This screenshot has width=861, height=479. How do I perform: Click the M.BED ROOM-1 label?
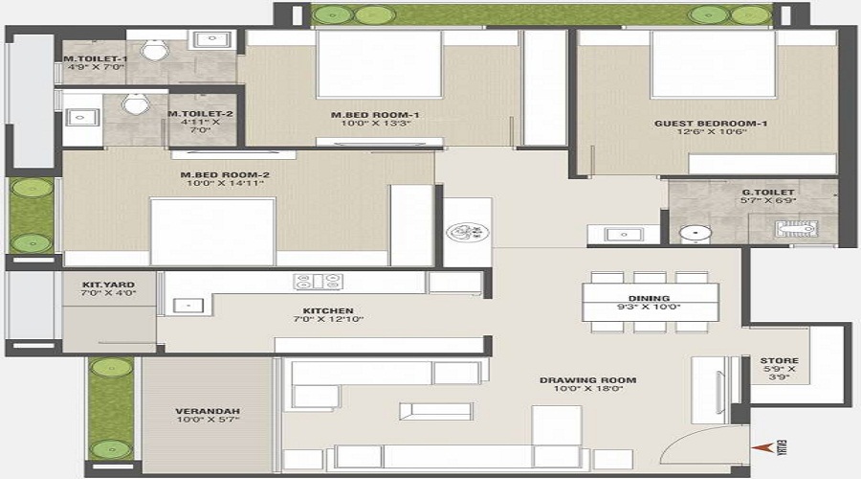point(375,115)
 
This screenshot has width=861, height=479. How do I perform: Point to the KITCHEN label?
point(328,310)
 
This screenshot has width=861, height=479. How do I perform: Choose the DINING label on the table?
point(650,298)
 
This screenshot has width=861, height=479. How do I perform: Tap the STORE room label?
point(779,360)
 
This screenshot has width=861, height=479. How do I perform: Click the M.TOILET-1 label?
point(95,59)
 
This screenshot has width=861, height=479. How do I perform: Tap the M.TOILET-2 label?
point(200,114)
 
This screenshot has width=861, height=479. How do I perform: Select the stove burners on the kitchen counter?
point(319,282)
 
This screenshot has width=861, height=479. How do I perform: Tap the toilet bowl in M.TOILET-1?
point(151,50)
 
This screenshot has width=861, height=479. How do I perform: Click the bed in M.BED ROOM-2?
point(212,230)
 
